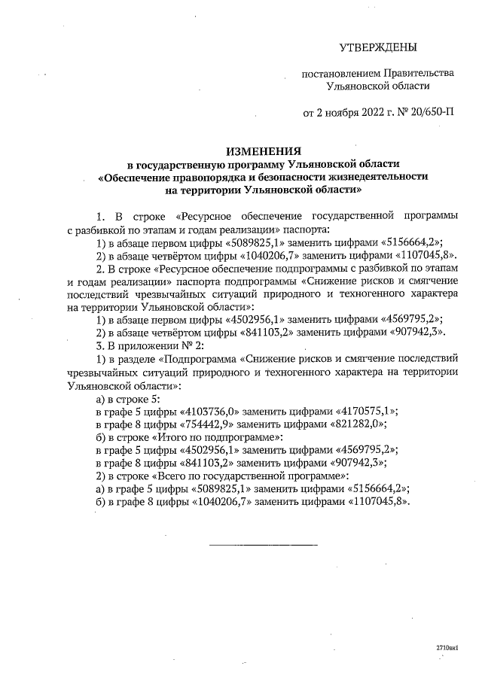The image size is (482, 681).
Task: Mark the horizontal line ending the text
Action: coord(262,543)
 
